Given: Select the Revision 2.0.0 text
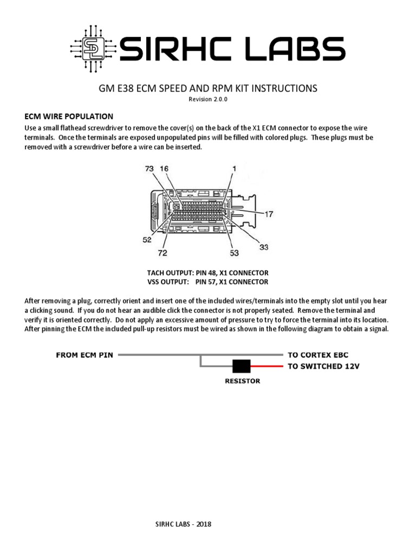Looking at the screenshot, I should (x=208, y=100).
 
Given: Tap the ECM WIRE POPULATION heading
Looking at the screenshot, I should (x=69, y=116).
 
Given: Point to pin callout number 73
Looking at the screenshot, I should (x=149, y=169).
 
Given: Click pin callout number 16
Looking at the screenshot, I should (x=164, y=169).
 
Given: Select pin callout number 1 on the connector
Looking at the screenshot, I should (x=234, y=169).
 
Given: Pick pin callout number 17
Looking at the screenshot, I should (x=269, y=214).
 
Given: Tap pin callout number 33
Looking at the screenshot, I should (x=263, y=247).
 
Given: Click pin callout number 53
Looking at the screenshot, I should (x=235, y=253).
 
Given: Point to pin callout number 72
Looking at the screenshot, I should (x=162, y=253).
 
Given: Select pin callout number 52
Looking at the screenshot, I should (x=147, y=240).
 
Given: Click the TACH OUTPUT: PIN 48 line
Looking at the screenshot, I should (x=207, y=273).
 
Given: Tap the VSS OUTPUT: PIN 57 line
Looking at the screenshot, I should (x=207, y=282).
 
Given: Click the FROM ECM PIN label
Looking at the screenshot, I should (x=84, y=355).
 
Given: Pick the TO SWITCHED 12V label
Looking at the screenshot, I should (x=323, y=366).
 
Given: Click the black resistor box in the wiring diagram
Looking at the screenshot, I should (x=241, y=366).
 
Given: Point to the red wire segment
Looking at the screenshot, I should (x=266, y=366).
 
